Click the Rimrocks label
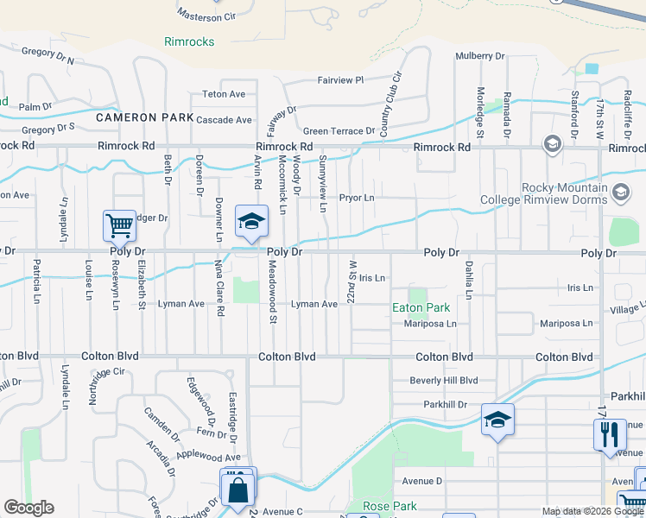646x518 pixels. coord(189,41)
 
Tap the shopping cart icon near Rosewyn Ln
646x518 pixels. coord(119,226)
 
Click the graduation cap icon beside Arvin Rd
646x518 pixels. coord(251,223)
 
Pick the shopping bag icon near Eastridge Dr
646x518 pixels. coord(237,490)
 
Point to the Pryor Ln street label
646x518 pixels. coord(357,198)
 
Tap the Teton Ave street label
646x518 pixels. coord(224,94)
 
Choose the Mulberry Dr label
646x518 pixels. coord(480,56)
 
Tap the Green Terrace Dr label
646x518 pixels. coord(339,131)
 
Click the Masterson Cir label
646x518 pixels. coord(206,16)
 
